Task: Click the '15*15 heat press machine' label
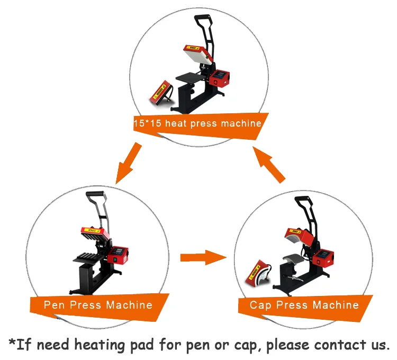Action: [197, 123]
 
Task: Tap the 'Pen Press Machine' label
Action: [98, 305]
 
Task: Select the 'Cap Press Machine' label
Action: [304, 305]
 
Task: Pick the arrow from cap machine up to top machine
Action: [269, 165]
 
